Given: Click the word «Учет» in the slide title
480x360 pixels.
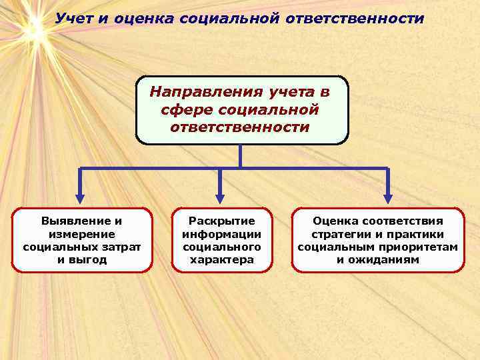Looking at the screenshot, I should click(x=74, y=18).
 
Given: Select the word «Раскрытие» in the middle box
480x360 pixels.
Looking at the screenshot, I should click(x=222, y=221).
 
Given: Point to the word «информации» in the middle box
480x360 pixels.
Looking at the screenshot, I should click(x=222, y=234).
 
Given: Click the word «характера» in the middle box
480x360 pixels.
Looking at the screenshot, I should click(x=222, y=259).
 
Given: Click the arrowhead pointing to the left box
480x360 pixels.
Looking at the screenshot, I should click(x=81, y=198).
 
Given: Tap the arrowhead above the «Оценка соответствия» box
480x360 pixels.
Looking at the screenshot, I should click(x=388, y=198).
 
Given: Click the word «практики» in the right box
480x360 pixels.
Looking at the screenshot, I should click(x=420, y=234).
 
